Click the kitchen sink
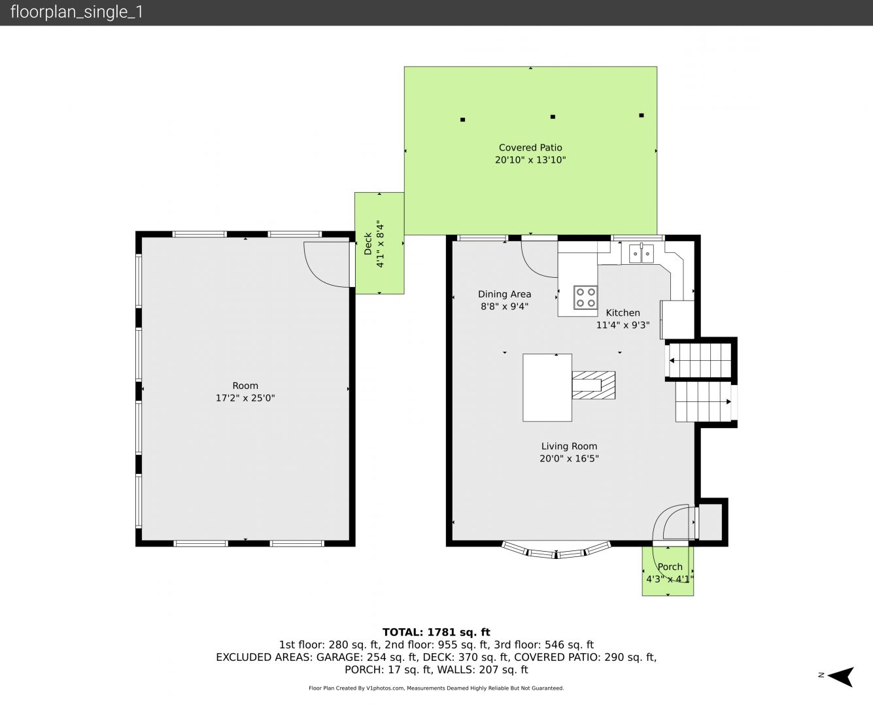pos(642,254)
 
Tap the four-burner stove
pos(585,297)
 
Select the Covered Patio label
pos(530,148)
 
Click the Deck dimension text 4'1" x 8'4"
pos(381,244)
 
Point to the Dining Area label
pos(505,294)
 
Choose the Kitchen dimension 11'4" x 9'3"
pos(623,325)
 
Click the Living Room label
pos(569,446)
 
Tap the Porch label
pos(670,567)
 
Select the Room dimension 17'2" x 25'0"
pos(245,398)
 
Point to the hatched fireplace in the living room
pos(594,385)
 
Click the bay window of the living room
pos(556,550)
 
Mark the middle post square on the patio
pos(553,117)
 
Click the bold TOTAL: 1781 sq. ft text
pos(436,632)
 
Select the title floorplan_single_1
pos(77,12)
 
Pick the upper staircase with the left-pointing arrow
pos(700,361)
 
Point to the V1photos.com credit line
pos(436,688)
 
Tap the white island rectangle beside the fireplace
pos(547,388)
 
